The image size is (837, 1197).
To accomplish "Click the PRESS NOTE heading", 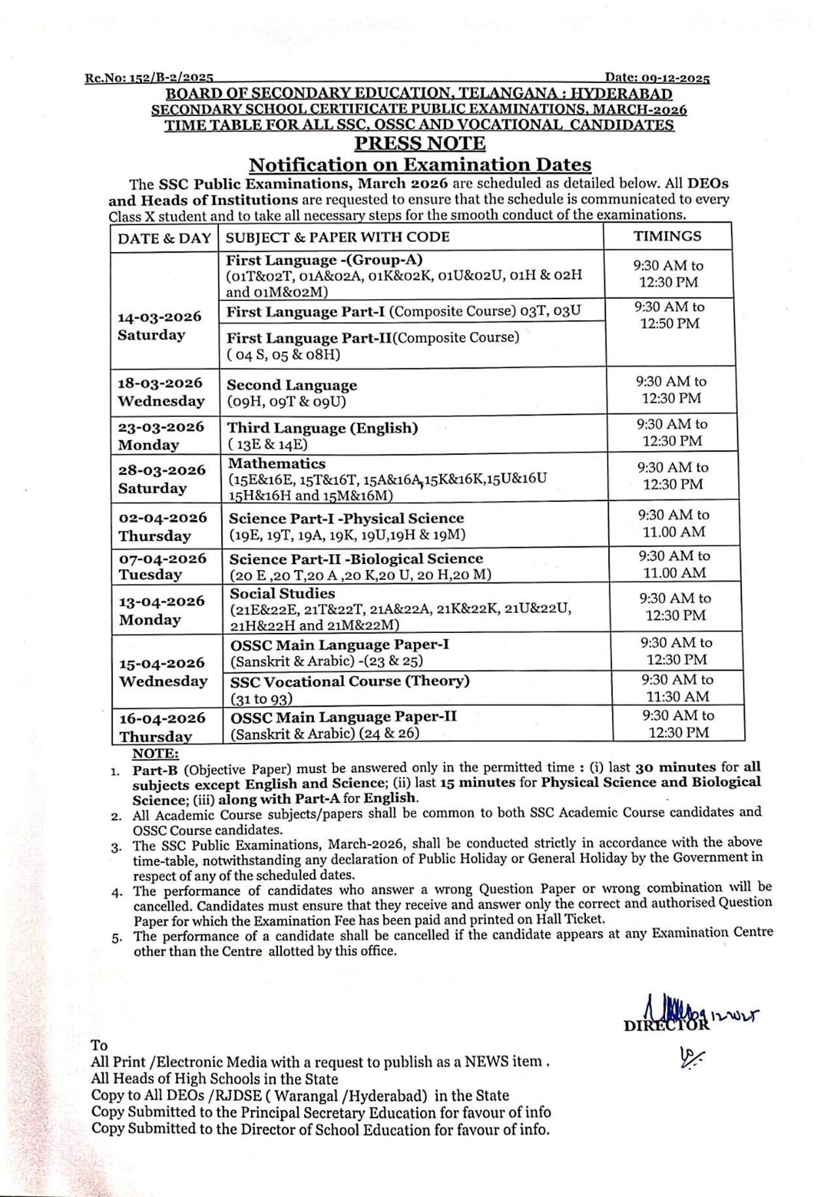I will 420,143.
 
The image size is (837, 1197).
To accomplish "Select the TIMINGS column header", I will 667,236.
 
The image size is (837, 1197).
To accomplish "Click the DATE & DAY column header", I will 164,238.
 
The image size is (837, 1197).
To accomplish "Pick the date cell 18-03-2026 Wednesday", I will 161,391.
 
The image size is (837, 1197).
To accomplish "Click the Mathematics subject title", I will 277,463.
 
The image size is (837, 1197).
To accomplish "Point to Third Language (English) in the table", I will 322,428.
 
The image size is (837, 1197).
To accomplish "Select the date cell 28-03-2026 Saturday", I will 162,479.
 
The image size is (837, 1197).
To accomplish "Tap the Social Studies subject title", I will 282,593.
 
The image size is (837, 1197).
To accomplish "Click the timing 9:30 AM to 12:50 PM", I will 670,315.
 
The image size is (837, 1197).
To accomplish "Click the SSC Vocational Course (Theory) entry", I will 350,681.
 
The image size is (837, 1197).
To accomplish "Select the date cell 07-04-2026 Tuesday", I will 162,566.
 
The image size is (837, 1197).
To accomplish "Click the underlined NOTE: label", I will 155,753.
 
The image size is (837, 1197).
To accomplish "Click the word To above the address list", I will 99,1045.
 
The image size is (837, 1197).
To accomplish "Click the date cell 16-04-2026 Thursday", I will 162,726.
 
